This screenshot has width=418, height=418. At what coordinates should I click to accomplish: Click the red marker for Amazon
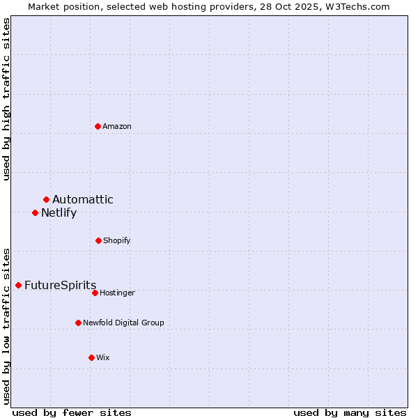(98, 126)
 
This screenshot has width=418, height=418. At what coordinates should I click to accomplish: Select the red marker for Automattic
(47, 200)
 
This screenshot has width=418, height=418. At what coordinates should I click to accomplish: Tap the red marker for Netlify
(36, 212)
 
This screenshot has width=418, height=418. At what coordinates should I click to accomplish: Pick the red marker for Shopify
(98, 240)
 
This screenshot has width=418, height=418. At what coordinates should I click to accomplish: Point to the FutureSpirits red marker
(19, 285)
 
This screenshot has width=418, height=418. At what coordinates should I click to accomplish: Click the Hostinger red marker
(95, 293)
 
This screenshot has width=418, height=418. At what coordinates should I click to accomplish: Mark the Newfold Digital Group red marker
(79, 323)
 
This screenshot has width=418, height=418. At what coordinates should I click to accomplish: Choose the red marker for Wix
(91, 357)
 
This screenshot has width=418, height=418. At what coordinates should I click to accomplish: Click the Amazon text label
(117, 126)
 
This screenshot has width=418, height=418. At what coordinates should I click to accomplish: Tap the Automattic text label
(83, 200)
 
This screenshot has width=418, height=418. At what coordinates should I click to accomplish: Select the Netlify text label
(59, 213)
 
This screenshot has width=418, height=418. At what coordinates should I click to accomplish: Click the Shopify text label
(117, 240)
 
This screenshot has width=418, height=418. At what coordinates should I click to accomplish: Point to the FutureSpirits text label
(61, 286)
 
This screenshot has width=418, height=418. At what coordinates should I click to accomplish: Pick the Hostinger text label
(117, 293)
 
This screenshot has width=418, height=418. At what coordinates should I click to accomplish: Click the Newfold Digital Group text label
(124, 323)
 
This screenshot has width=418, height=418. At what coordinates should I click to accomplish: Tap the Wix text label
(103, 357)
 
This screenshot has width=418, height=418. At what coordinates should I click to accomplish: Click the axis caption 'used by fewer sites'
(72, 412)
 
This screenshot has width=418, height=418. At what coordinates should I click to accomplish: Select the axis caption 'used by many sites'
(350, 412)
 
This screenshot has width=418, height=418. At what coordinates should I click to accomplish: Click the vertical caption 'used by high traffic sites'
(6, 99)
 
